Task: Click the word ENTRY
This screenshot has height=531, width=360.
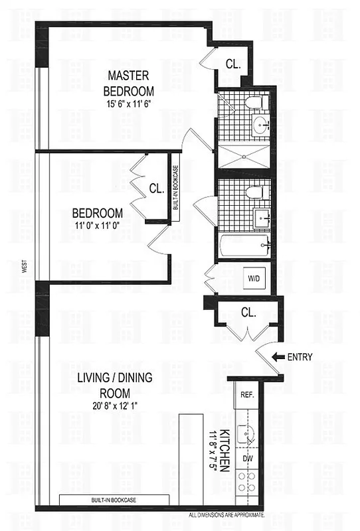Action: coord(300,357)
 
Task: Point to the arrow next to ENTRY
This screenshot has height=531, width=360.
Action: coord(278,357)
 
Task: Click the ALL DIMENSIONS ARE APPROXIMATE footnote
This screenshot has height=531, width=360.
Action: coord(227,514)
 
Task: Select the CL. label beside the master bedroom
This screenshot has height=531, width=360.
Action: coord(233,64)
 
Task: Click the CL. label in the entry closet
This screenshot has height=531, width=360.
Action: coord(248,312)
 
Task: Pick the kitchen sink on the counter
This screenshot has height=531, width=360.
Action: coord(249,435)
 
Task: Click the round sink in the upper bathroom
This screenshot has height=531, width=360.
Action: coord(259,123)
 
